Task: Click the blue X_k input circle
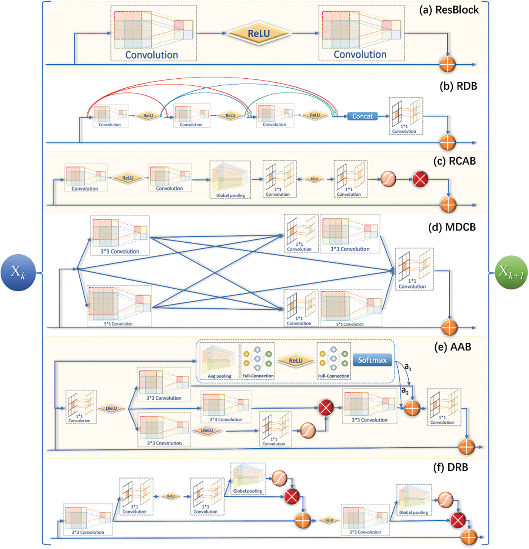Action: coord(18,272)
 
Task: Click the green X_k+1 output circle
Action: coord(511,272)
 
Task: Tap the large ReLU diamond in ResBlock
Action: coord(259,34)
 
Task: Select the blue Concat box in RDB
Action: coord(362,116)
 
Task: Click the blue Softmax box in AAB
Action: coord(372,360)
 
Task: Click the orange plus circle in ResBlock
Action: coord(447,64)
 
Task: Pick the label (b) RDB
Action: coord(458,86)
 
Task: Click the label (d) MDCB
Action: coord(452,227)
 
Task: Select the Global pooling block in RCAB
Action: coord(230,180)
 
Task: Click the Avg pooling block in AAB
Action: coord(219,361)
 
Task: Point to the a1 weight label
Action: coord(408,366)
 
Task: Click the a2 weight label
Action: coord(405,390)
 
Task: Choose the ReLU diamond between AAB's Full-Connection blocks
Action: coord(296,361)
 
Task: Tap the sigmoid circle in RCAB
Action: coord(388,179)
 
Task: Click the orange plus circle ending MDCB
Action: coord(449,327)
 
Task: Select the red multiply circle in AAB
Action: coord(326,407)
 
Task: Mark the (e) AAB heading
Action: coord(453,347)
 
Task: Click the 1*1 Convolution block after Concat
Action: coord(406,116)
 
